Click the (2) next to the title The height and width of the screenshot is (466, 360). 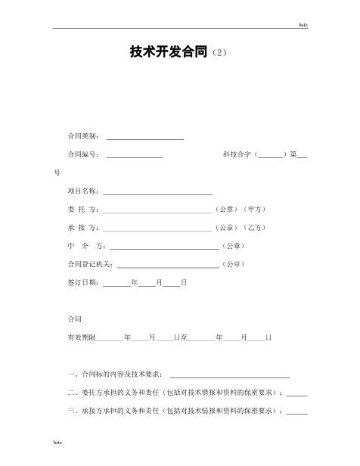coord(216,54)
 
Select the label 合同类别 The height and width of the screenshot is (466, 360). coord(82,137)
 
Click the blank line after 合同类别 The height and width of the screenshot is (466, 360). coord(145,138)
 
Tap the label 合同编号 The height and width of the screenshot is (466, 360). coord(82,154)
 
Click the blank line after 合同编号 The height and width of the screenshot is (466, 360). coord(135,155)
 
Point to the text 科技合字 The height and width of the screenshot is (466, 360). coord(237,154)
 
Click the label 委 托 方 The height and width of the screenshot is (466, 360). coord(82,209)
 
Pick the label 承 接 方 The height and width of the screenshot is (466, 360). coord(82,228)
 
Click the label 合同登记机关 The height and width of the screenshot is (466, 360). coord(90,264)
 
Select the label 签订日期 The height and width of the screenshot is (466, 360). coord(82,282)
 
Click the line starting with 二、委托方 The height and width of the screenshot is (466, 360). coord(174,393)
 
